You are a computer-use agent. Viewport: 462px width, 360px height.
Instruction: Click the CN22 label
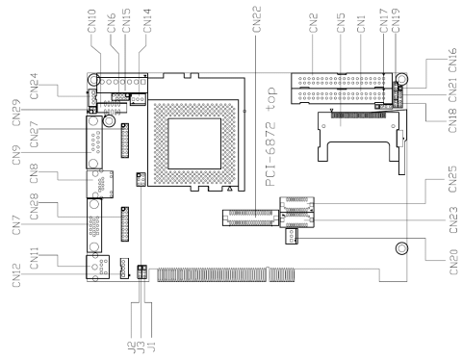257,19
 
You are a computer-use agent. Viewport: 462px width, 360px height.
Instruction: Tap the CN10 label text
91,21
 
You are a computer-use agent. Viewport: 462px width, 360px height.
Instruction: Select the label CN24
34,87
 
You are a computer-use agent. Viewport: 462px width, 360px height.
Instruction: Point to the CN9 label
16,155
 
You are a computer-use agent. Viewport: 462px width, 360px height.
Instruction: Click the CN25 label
452,179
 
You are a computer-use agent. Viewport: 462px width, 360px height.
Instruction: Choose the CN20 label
453,262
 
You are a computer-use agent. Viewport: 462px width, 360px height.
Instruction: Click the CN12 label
16,275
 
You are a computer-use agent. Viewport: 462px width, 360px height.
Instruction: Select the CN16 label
452,60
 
